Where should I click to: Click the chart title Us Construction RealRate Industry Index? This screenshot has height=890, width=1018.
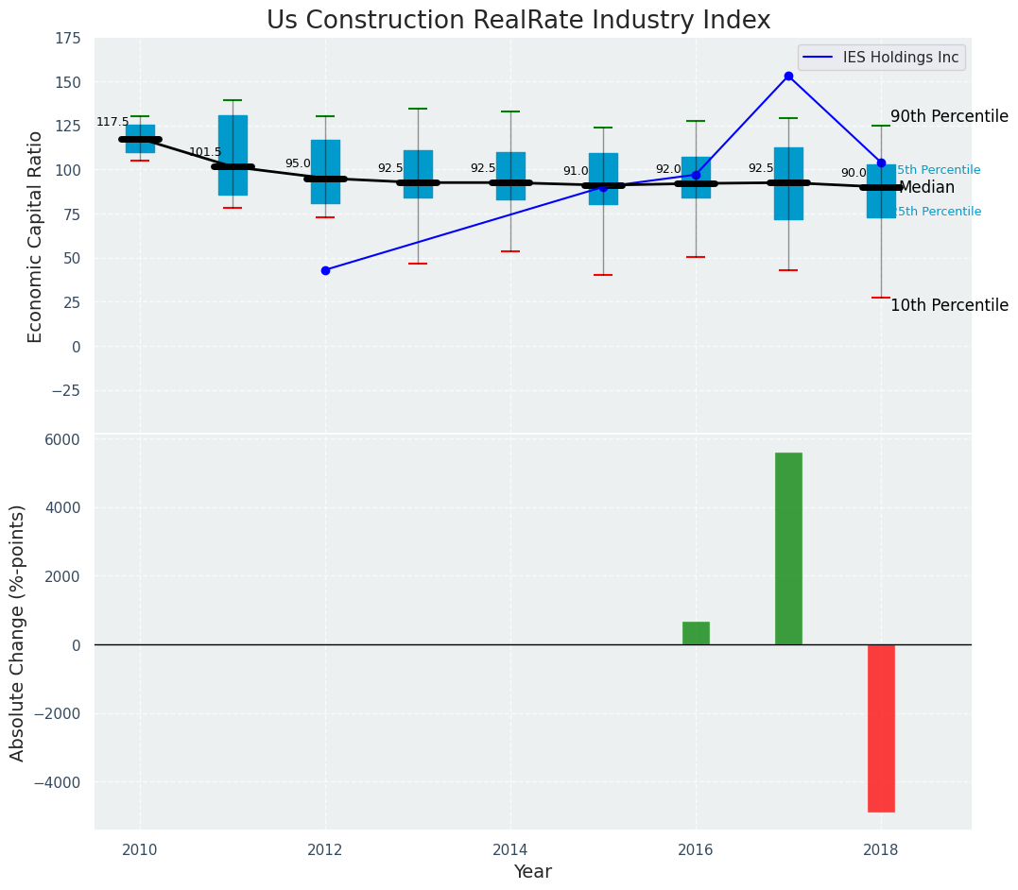click(x=518, y=21)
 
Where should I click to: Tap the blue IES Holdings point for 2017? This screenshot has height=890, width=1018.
click(x=788, y=76)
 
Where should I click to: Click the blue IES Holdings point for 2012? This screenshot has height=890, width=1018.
click(x=325, y=270)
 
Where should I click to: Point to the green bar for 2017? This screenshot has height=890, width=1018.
click(x=788, y=548)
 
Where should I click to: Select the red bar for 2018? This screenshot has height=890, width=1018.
click(x=881, y=727)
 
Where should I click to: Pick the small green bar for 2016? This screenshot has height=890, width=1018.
click(x=696, y=633)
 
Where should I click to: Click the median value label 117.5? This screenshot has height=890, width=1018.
click(x=112, y=123)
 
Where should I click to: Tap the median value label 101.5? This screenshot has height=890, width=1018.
click(x=205, y=152)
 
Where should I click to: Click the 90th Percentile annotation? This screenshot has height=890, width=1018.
click(x=949, y=116)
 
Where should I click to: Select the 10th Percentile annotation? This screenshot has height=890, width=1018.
click(x=949, y=305)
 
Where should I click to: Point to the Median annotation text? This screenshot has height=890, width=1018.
click(x=926, y=187)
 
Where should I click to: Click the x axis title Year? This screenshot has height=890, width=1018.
click(x=533, y=871)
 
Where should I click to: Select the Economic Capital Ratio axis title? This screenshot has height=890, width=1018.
click(x=35, y=236)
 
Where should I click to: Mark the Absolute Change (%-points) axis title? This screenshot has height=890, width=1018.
click(x=18, y=632)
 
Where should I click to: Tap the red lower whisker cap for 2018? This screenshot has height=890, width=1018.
click(x=881, y=298)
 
